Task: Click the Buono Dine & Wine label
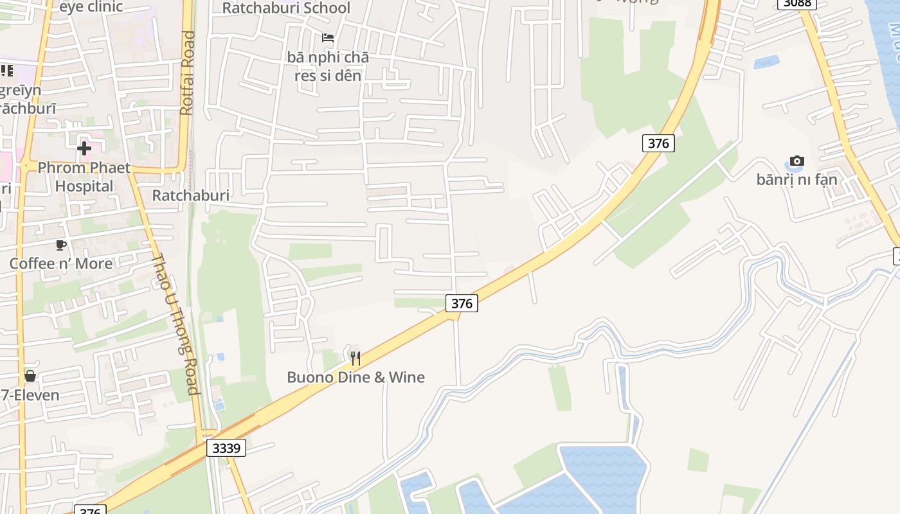pyautogui.click(x=355, y=377)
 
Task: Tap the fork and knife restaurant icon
pyautogui.click(x=355, y=358)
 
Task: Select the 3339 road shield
pyautogui.click(x=227, y=448)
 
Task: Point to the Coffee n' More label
pyautogui.click(x=60, y=263)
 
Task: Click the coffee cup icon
pyautogui.click(x=61, y=245)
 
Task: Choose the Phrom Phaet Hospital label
pyautogui.click(x=84, y=177)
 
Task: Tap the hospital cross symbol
pyautogui.click(x=84, y=149)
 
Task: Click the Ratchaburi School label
pyautogui.click(x=286, y=8)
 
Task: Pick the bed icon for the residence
pyautogui.click(x=328, y=38)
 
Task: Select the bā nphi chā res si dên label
pyautogui.click(x=328, y=66)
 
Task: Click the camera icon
pyautogui.click(x=797, y=161)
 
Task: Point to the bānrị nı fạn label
pyautogui.click(x=797, y=179)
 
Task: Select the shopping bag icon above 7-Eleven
pyautogui.click(x=30, y=376)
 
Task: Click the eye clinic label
pyautogui.click(x=91, y=8)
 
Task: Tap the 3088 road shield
pyautogui.click(x=797, y=3)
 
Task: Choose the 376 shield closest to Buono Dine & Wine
pyautogui.click(x=462, y=303)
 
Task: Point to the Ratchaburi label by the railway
pyautogui.click(x=190, y=195)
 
